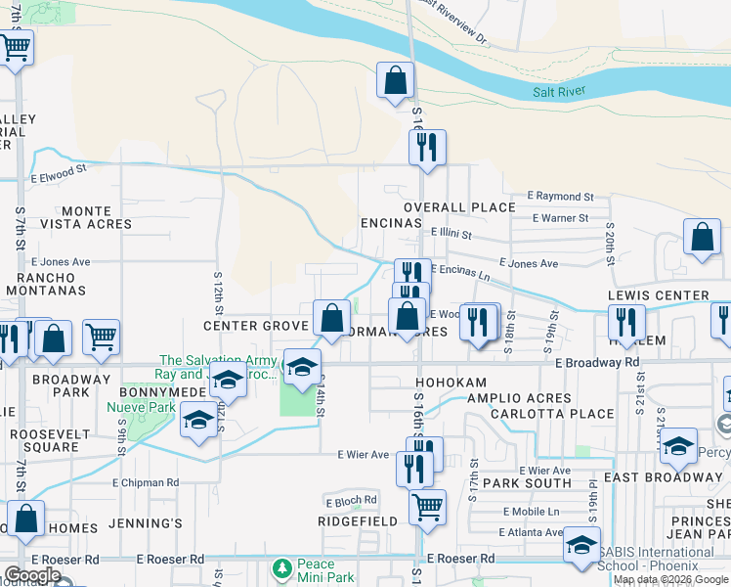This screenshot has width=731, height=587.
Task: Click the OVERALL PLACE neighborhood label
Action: point(459,207)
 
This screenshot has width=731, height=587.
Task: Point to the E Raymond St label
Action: point(560,197)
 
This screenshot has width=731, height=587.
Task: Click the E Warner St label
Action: point(557,218)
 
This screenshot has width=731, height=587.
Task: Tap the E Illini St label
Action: point(451,235)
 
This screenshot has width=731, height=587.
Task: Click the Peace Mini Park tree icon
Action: point(282,567)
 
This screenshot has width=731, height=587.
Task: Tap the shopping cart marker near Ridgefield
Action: point(427,509)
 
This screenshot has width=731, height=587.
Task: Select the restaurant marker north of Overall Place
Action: point(427,149)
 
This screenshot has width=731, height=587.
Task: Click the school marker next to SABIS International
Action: point(581,546)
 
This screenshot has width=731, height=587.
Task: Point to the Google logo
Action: point(31,575)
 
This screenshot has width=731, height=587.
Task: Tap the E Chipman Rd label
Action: point(146,482)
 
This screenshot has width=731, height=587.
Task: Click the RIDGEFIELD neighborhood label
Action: point(358,521)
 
